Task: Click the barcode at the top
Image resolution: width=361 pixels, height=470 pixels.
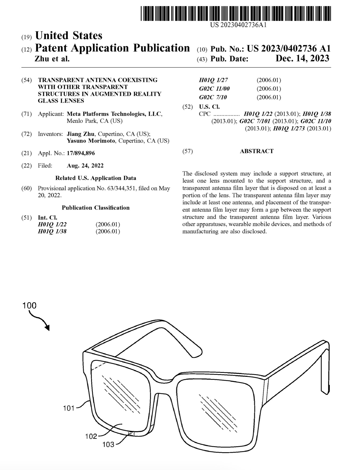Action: (235, 13)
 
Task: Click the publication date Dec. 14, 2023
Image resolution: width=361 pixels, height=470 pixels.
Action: (302, 58)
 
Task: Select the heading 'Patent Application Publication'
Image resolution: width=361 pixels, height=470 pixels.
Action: (112, 48)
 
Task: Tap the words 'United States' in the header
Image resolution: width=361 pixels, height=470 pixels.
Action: (69, 36)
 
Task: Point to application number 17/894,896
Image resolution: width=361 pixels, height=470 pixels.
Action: (81, 153)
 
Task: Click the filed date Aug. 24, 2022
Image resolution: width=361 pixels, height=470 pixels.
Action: (85, 166)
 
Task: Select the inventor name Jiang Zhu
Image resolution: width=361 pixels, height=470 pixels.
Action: (81, 134)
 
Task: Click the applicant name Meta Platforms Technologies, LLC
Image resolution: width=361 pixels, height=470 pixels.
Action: (114, 114)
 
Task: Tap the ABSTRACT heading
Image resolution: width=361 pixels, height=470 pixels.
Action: (257, 151)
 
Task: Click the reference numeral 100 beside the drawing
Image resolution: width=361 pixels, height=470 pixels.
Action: (29, 305)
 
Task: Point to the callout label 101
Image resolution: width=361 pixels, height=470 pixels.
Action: (69, 408)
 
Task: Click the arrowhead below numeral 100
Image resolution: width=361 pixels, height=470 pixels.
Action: (48, 328)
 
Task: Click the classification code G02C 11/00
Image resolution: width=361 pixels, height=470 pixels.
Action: (214, 89)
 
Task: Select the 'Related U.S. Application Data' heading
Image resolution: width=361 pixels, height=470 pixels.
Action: (96, 178)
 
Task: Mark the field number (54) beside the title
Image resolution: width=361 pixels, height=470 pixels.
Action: (26, 80)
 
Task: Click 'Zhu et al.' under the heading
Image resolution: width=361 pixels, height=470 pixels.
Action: (52, 58)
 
